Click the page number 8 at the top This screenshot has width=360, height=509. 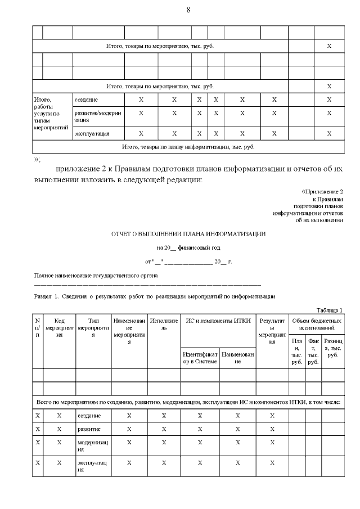[188, 10]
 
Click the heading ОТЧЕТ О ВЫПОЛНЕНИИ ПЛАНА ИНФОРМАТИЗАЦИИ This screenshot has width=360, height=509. [188, 233]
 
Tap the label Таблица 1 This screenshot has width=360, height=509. [329, 310]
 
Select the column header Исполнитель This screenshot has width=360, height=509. [164, 324]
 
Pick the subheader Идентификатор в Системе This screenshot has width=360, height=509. [200, 358]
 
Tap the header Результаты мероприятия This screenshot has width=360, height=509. [272, 331]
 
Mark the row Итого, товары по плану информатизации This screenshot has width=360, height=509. [188, 147]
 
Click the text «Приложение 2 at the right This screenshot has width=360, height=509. [322, 192]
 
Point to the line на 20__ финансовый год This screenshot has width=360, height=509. [188, 247]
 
